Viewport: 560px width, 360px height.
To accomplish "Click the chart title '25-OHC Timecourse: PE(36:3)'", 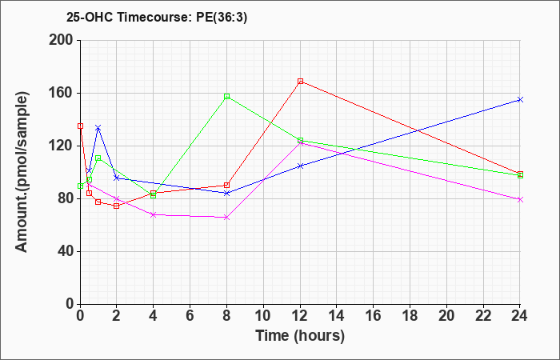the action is coord(157,17).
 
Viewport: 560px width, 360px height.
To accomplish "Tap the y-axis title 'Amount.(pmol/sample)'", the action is coord(22,172).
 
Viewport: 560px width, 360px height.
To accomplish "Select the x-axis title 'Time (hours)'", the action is coord(300,336).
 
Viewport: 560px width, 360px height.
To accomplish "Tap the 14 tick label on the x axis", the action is coord(337,316).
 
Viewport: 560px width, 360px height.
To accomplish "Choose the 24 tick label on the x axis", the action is coord(519,316).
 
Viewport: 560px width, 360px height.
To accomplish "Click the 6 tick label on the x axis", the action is coord(190,316).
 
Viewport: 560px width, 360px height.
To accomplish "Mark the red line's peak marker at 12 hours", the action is coord(300,82).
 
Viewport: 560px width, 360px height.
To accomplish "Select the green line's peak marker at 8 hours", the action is coord(226,97).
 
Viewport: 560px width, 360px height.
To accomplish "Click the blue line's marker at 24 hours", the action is coord(520,100).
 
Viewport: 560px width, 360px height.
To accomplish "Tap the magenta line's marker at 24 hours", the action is coord(520,200).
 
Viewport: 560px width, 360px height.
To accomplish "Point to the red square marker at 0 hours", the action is coord(80,126).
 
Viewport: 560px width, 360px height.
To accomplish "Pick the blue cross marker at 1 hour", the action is coord(98,127).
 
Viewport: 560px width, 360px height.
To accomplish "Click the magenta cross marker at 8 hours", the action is coord(226,218).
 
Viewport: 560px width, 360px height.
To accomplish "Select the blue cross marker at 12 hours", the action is coord(300,166).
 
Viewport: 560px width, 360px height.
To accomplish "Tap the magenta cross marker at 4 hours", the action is coord(154,214).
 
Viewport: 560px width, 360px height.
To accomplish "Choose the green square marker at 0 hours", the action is coord(80,186).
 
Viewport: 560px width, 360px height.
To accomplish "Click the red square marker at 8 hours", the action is coord(226,185).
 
